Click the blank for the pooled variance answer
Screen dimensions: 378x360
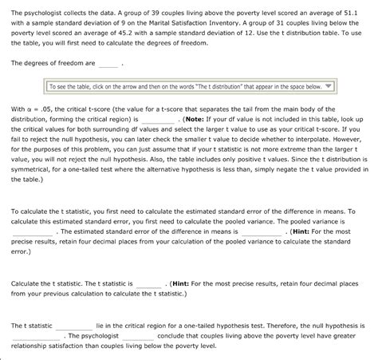pyautogui.click(x=30, y=232)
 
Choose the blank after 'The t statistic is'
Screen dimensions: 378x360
pyautogui.click(x=148, y=283)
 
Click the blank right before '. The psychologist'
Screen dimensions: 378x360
pyautogui.click(x=34, y=336)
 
